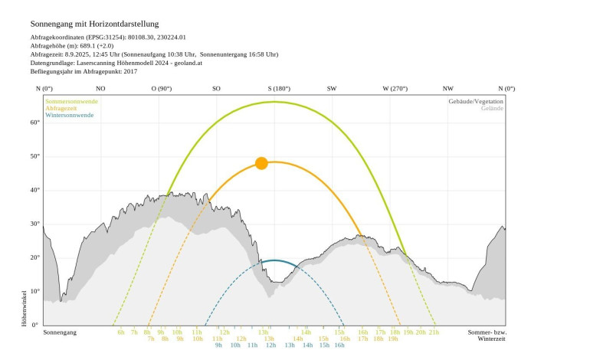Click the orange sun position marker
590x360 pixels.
(261, 163)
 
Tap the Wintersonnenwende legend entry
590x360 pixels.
(70, 115)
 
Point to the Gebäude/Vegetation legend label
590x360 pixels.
(477, 101)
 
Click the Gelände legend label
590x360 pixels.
(493, 108)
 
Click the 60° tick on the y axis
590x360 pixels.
(34, 123)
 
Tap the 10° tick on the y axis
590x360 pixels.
(34, 291)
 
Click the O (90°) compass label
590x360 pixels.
(162, 89)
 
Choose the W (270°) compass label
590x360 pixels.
(395, 89)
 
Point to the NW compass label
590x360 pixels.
(448, 89)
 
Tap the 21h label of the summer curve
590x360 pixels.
(434, 332)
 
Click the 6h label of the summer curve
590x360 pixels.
(121, 332)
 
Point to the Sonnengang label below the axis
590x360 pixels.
(61, 332)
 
